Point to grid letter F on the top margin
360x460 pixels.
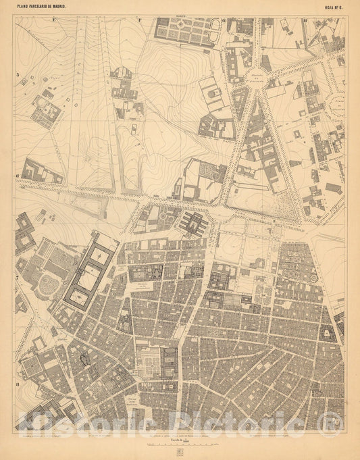click(x=140, y=20)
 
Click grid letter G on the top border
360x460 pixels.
click(x=223, y=20)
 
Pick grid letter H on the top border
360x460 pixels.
click(x=306, y=20)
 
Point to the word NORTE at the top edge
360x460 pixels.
click(x=180, y=18)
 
